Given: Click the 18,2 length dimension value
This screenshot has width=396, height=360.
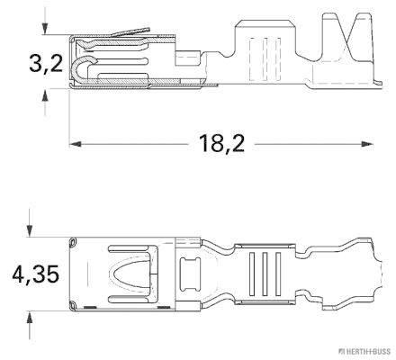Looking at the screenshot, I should (x=221, y=141).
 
